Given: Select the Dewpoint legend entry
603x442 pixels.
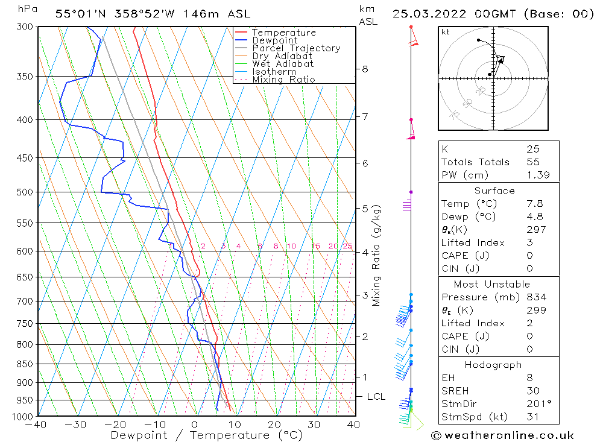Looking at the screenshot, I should [274, 40].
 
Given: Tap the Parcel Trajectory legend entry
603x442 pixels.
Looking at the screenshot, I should [295, 48].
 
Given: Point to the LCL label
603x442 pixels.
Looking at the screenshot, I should [376, 397].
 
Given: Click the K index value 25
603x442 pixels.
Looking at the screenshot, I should [532, 149].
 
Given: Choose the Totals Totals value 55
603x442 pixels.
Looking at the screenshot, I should [532, 162].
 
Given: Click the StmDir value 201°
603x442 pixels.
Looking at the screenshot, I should [539, 403].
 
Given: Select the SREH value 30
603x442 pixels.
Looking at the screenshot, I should [532, 391].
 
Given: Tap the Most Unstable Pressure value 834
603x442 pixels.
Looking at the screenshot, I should [536, 297].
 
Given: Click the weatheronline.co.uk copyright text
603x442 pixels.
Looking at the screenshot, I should [502, 435].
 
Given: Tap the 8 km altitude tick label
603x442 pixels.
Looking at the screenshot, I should [365, 69].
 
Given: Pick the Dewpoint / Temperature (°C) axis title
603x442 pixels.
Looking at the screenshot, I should [207, 435].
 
